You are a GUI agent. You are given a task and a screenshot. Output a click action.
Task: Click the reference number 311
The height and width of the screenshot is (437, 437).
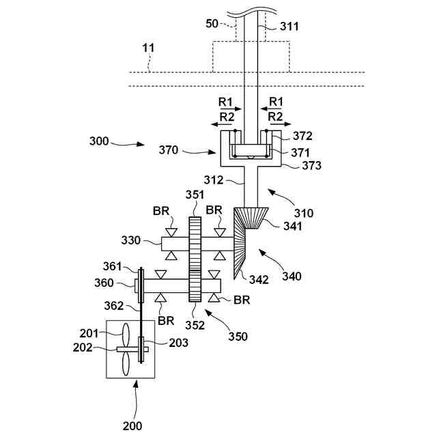[290, 27]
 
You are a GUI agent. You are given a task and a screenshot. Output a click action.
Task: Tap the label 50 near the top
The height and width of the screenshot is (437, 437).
[213, 24]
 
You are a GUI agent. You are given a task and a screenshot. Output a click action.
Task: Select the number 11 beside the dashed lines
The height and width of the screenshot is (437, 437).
[147, 48]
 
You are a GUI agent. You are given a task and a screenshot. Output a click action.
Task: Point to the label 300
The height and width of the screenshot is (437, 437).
[99, 141]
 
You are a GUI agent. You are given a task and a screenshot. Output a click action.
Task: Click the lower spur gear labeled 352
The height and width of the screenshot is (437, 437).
[195, 287]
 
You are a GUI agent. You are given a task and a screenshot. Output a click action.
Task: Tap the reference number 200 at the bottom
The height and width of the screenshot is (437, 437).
[133, 426]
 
